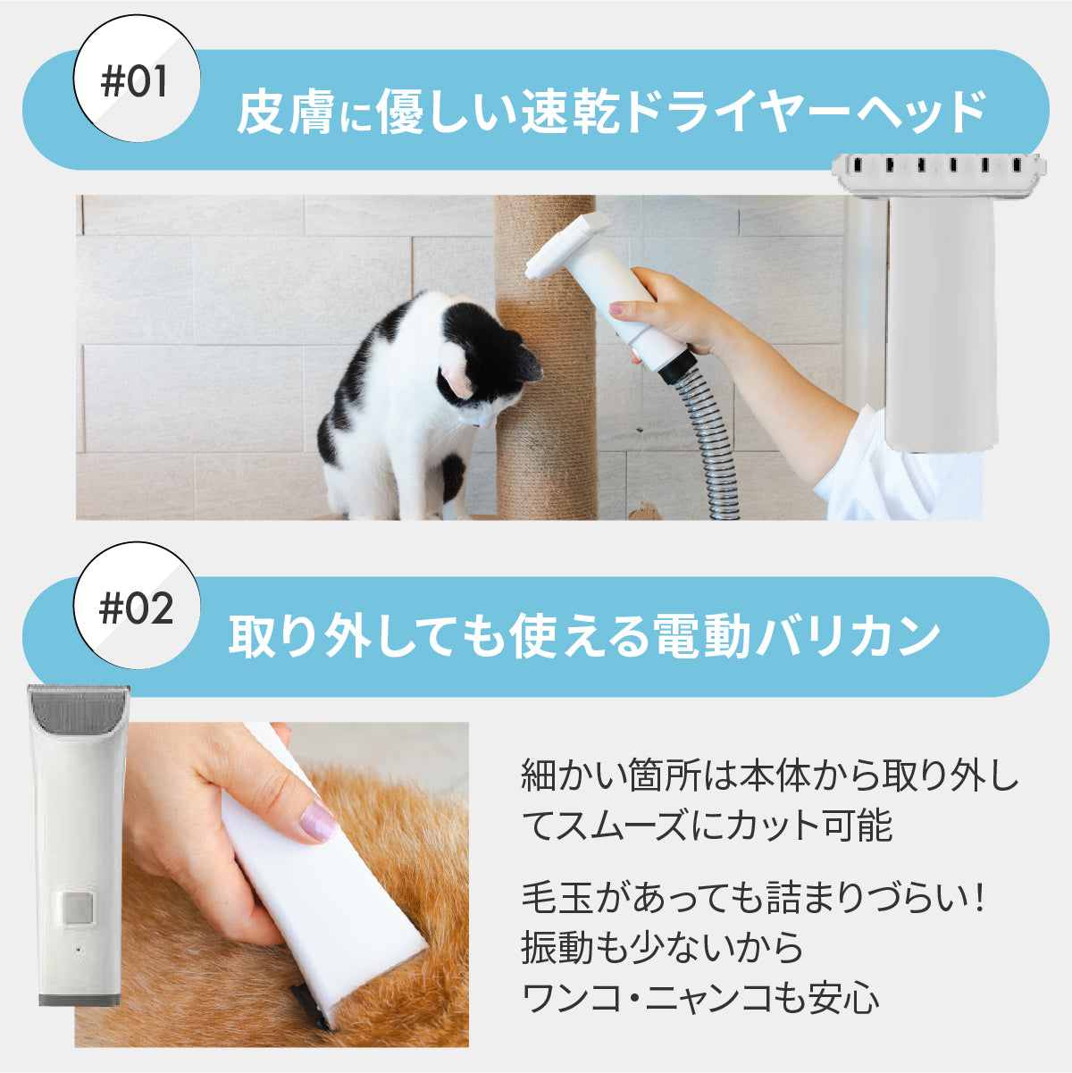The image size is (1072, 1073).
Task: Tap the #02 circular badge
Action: pyautogui.click(x=135, y=610)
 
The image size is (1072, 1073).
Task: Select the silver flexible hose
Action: pyautogui.click(x=710, y=447)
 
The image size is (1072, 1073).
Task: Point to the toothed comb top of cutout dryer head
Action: pyautogui.click(x=938, y=168)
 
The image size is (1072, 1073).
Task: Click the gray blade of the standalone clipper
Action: pyautogui.click(x=79, y=706)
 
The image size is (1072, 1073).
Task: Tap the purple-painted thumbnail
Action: pyautogui.click(x=317, y=821)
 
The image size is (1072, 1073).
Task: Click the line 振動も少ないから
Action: pyautogui.click(x=662, y=948)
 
